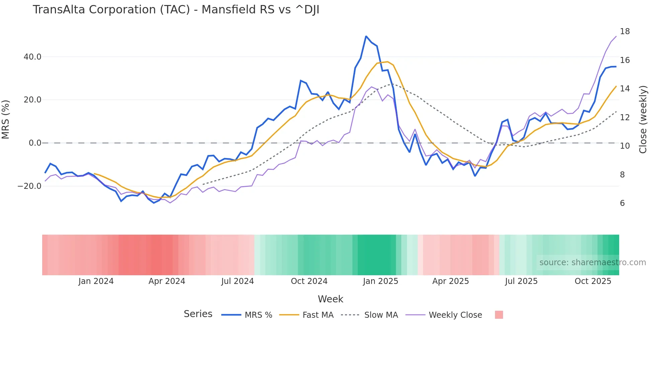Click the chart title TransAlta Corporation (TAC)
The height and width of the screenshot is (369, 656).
[x=176, y=10]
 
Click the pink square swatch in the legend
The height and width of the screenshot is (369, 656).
[x=499, y=315]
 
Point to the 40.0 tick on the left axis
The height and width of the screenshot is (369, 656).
[x=32, y=57]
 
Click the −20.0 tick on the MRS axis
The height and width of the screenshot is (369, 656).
[x=29, y=186]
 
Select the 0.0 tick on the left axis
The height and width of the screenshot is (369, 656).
[x=35, y=143]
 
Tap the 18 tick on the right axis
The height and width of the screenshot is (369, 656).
[x=625, y=31]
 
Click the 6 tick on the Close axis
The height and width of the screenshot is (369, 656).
[x=622, y=203]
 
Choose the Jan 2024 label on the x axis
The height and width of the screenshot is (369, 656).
[x=96, y=281]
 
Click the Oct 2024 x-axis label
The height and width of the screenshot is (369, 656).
[x=309, y=281]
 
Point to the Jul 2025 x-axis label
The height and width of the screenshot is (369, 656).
[x=521, y=281]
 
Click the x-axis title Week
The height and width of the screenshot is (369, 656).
[x=330, y=299]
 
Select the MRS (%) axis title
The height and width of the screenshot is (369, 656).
[x=6, y=119]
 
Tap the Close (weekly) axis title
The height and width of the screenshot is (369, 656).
[x=643, y=119]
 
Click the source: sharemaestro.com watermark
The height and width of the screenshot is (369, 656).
[x=592, y=263]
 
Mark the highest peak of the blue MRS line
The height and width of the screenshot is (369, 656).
[x=366, y=36]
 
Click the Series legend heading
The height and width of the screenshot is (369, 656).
[x=198, y=314]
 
